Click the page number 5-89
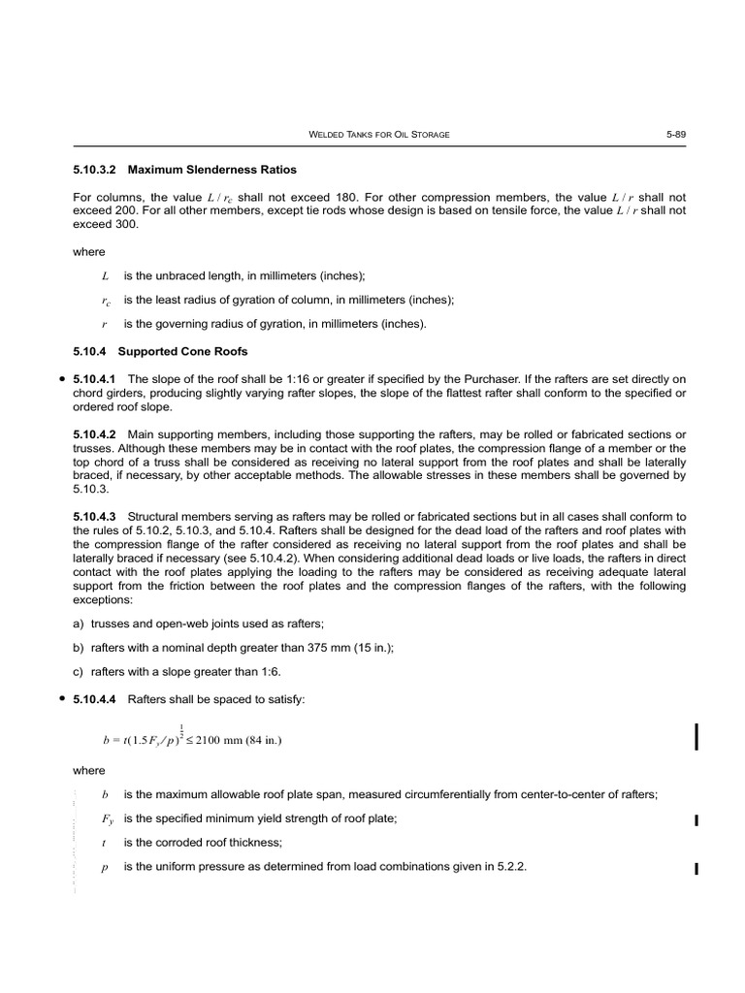(675, 134)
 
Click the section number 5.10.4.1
(95, 378)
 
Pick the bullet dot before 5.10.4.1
(61, 378)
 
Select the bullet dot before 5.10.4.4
(61, 699)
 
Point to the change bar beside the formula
(696, 736)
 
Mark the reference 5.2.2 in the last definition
(510, 866)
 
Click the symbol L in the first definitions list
(105, 276)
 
